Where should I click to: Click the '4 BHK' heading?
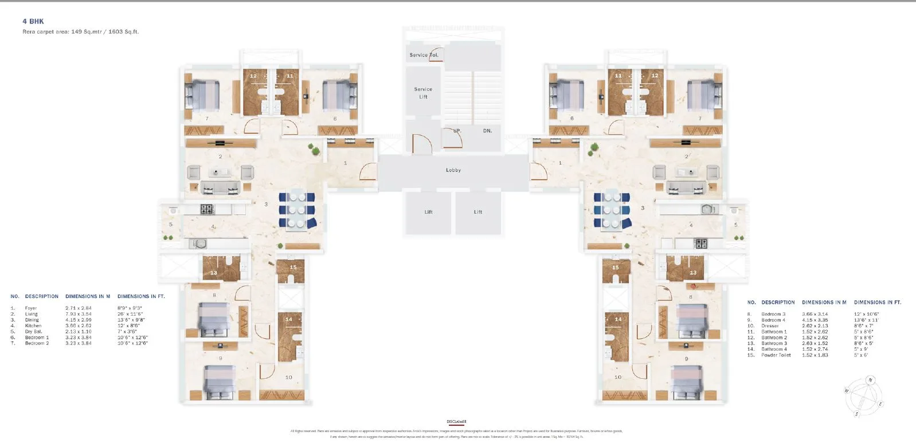[x=33, y=21]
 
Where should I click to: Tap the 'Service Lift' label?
[x=423, y=93]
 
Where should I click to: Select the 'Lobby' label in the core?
[x=453, y=170]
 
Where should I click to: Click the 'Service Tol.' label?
[x=424, y=55]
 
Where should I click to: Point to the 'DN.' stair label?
[x=487, y=131]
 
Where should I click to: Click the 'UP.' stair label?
[x=457, y=131]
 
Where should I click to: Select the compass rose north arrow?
[x=870, y=381]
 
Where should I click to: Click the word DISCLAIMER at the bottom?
[x=457, y=422]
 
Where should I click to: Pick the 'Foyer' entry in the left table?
[x=31, y=308]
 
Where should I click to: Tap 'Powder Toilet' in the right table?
[x=776, y=355]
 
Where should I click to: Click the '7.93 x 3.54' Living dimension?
[x=79, y=314]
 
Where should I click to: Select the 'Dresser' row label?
[x=770, y=326]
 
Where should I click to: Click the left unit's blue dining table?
[x=297, y=210]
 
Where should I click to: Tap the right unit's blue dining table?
[x=612, y=210]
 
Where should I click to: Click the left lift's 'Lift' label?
[x=428, y=212]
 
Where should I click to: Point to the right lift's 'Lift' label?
[x=478, y=212]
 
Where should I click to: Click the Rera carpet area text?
[x=80, y=32]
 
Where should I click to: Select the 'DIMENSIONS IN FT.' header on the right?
[x=877, y=302]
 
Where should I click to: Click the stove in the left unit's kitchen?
[x=206, y=209]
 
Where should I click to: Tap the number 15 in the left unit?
[x=293, y=267]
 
